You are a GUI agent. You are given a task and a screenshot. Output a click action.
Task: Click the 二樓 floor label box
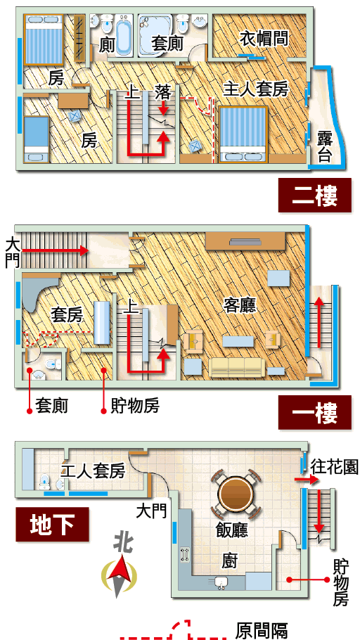pyautogui.click(x=315, y=196)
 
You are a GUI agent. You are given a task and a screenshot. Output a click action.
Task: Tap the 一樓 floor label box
pyautogui.click(x=315, y=412)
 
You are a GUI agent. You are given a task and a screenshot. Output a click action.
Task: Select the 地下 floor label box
pyautogui.click(x=52, y=524)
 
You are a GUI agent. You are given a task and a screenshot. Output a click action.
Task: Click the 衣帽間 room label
pyautogui.click(x=264, y=39)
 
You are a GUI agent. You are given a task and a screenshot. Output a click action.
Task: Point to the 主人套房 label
pyautogui.click(x=256, y=89)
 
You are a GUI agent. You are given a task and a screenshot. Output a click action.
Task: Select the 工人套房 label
pyautogui.click(x=93, y=471)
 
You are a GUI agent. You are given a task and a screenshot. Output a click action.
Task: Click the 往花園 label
pyautogui.click(x=334, y=466)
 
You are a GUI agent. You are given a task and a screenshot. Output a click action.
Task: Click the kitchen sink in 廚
pyautogui.click(x=221, y=583)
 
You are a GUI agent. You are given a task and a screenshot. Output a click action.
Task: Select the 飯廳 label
pyautogui.click(x=232, y=530)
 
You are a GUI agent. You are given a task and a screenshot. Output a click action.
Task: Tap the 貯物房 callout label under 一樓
pyautogui.click(x=135, y=406)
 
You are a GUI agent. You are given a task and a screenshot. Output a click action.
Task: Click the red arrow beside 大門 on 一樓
pyautogui.click(x=55, y=250)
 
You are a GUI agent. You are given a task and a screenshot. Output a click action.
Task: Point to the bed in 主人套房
pyautogui.click(x=243, y=134)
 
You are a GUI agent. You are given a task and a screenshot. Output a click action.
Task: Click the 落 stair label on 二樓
pyautogui.click(x=163, y=93)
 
